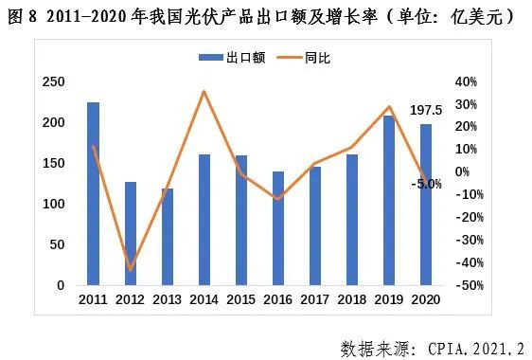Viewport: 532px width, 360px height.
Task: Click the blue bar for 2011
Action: coord(93,193)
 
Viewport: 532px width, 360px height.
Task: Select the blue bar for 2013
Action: coord(168,237)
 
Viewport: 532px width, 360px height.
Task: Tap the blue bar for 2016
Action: coord(278,227)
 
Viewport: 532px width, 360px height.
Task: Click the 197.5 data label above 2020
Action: coord(426,110)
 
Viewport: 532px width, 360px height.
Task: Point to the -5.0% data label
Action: coord(426,184)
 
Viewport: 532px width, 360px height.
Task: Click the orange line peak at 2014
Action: coord(204,92)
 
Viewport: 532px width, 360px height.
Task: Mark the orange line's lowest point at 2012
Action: coord(130,270)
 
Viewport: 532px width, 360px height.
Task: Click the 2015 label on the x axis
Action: coord(241,300)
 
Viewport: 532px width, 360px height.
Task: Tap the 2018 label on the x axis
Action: coord(352,300)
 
